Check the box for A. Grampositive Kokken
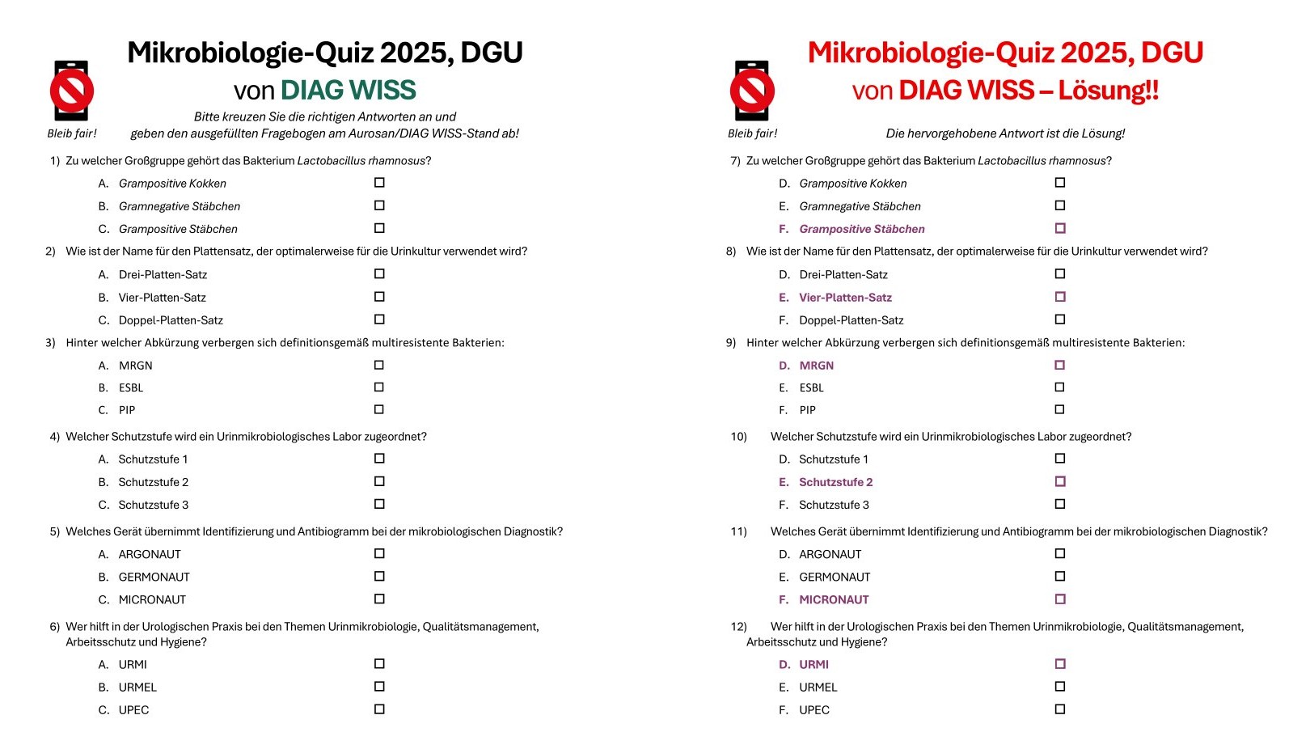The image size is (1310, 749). pyautogui.click(x=379, y=183)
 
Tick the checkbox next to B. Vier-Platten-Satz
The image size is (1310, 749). pyautogui.click(x=379, y=297)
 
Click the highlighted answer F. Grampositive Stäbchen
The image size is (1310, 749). pyautogui.click(x=861, y=229)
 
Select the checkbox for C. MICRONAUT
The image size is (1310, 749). pyautogui.click(x=379, y=599)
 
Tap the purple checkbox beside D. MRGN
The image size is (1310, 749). pyautogui.click(x=1060, y=365)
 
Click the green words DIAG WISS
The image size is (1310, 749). pyautogui.click(x=348, y=90)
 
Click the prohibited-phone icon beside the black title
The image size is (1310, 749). pyautogui.click(x=72, y=91)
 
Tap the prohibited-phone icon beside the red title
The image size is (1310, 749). pyautogui.click(x=752, y=91)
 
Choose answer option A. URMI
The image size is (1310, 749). pyautogui.click(x=133, y=665)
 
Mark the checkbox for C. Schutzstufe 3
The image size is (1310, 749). pyautogui.click(x=379, y=504)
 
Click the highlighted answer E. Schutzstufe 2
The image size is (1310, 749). pyautogui.click(x=835, y=482)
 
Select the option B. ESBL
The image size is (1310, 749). pyautogui.click(x=131, y=388)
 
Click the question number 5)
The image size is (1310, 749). pyautogui.click(x=55, y=532)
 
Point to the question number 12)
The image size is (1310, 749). pyautogui.click(x=738, y=627)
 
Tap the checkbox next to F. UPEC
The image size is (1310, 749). pyautogui.click(x=1060, y=709)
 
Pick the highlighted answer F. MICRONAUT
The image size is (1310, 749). pyautogui.click(x=834, y=600)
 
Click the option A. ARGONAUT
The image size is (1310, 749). pyautogui.click(x=150, y=555)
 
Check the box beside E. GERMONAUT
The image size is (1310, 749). pyautogui.click(x=1060, y=577)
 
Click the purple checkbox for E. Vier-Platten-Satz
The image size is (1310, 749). pyautogui.click(x=1060, y=297)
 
